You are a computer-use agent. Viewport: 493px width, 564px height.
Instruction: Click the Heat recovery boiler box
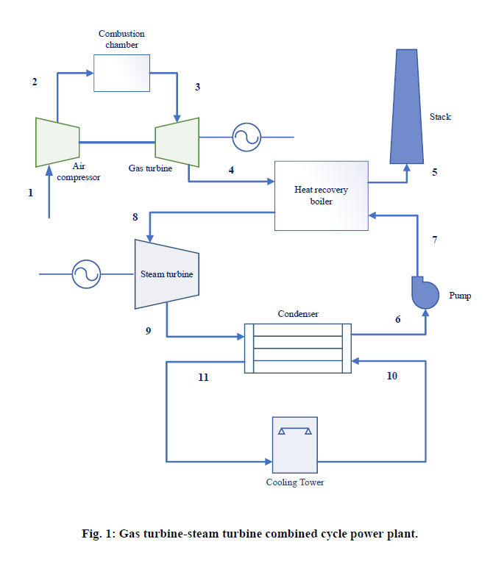[322, 196]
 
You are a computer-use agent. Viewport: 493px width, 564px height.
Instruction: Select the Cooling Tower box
[294, 445]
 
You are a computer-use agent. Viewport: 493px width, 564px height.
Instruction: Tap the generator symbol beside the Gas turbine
[246, 137]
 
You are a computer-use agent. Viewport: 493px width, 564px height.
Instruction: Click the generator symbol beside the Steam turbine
[85, 274]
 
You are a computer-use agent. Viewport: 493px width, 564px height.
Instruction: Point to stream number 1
[30, 193]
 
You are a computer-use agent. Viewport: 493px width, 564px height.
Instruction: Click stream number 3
[196, 88]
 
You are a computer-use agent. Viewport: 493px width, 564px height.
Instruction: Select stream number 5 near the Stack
[434, 172]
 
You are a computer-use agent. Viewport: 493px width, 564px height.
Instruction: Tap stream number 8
[135, 217]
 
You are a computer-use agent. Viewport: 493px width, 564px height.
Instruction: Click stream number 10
[391, 376]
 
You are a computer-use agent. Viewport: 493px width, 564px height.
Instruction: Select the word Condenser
[297, 314]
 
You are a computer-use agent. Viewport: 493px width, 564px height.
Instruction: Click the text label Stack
[440, 117]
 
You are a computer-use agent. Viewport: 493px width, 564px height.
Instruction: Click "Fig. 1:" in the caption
[99, 534]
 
